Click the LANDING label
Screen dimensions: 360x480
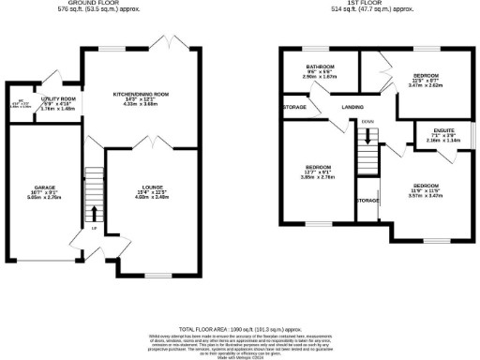tap(352, 108)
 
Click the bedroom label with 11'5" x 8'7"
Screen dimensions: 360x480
tap(424, 76)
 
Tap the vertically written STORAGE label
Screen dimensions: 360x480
tap(367, 201)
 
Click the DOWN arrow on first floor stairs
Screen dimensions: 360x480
tap(368, 134)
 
